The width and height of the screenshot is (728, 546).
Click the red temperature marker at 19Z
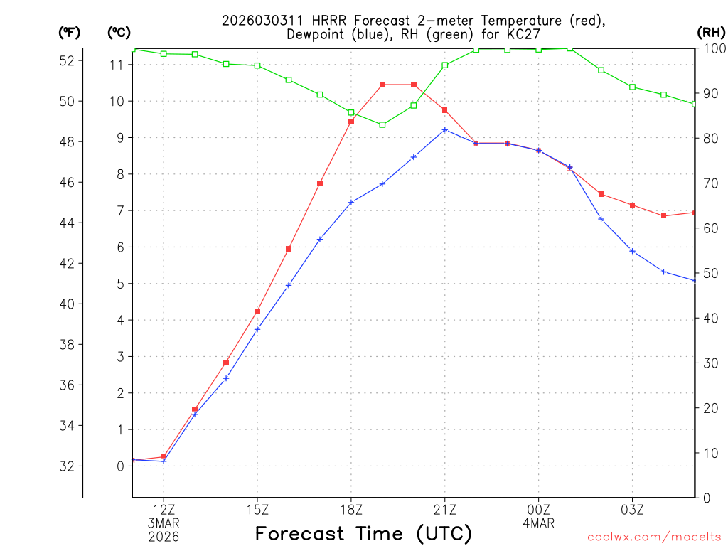coord(382,85)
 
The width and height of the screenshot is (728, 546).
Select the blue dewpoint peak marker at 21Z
coord(445,129)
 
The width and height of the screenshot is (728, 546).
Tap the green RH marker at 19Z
coord(382,124)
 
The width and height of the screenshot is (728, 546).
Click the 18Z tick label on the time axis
coord(351,509)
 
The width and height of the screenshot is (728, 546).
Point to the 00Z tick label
coord(539,509)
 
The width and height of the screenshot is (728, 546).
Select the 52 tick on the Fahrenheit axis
coord(67,60)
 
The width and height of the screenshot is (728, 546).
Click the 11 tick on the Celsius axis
coord(117,65)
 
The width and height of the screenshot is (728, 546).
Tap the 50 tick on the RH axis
coord(709,274)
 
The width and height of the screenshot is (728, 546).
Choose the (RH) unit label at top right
coord(711,32)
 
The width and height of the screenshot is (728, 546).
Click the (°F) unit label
coord(69,32)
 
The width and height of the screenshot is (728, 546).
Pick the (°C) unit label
coord(119,32)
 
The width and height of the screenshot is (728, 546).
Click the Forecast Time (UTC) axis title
coord(363,533)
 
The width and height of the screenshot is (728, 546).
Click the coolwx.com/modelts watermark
coord(654,537)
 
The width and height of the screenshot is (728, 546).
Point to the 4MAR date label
coord(538,523)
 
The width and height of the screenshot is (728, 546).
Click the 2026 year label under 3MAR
coord(164,537)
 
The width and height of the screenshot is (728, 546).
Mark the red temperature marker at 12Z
coord(164,456)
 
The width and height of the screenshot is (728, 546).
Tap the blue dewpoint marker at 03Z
coord(633,251)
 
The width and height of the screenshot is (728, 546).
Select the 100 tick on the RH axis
coord(713,48)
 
